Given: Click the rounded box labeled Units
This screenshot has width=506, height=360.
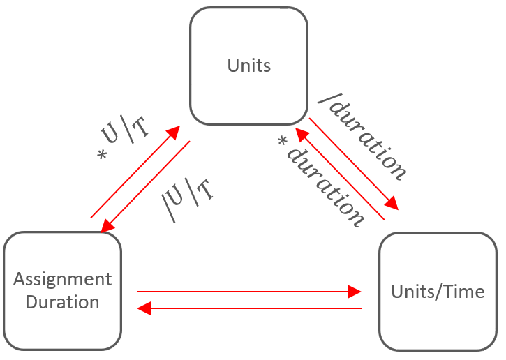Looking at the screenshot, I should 248,66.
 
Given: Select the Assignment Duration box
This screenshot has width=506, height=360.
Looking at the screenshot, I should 62,290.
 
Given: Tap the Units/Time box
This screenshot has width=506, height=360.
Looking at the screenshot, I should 438,291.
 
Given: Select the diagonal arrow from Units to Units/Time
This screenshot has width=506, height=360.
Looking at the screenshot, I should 353,163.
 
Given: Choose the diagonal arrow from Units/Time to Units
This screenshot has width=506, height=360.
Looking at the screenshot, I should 338,174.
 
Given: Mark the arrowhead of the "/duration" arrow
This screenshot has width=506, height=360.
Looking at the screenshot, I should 392,203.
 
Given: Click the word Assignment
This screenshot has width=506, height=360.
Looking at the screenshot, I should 62,279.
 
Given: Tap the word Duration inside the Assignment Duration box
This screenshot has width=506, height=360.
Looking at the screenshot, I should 62,302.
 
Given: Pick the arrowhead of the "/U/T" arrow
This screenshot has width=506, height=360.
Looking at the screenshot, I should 107,227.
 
